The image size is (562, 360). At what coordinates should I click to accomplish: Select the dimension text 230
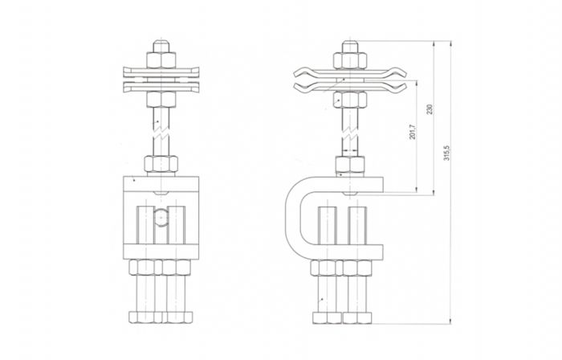coord(430,109)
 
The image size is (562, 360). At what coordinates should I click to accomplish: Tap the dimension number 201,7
coord(412,132)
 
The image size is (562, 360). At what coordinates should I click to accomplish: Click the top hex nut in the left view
coord(161,60)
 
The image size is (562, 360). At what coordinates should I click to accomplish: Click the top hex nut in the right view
coord(350,60)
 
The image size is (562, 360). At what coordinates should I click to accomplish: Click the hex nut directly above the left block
coord(161,164)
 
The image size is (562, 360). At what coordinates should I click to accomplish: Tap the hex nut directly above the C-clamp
coord(350,165)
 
